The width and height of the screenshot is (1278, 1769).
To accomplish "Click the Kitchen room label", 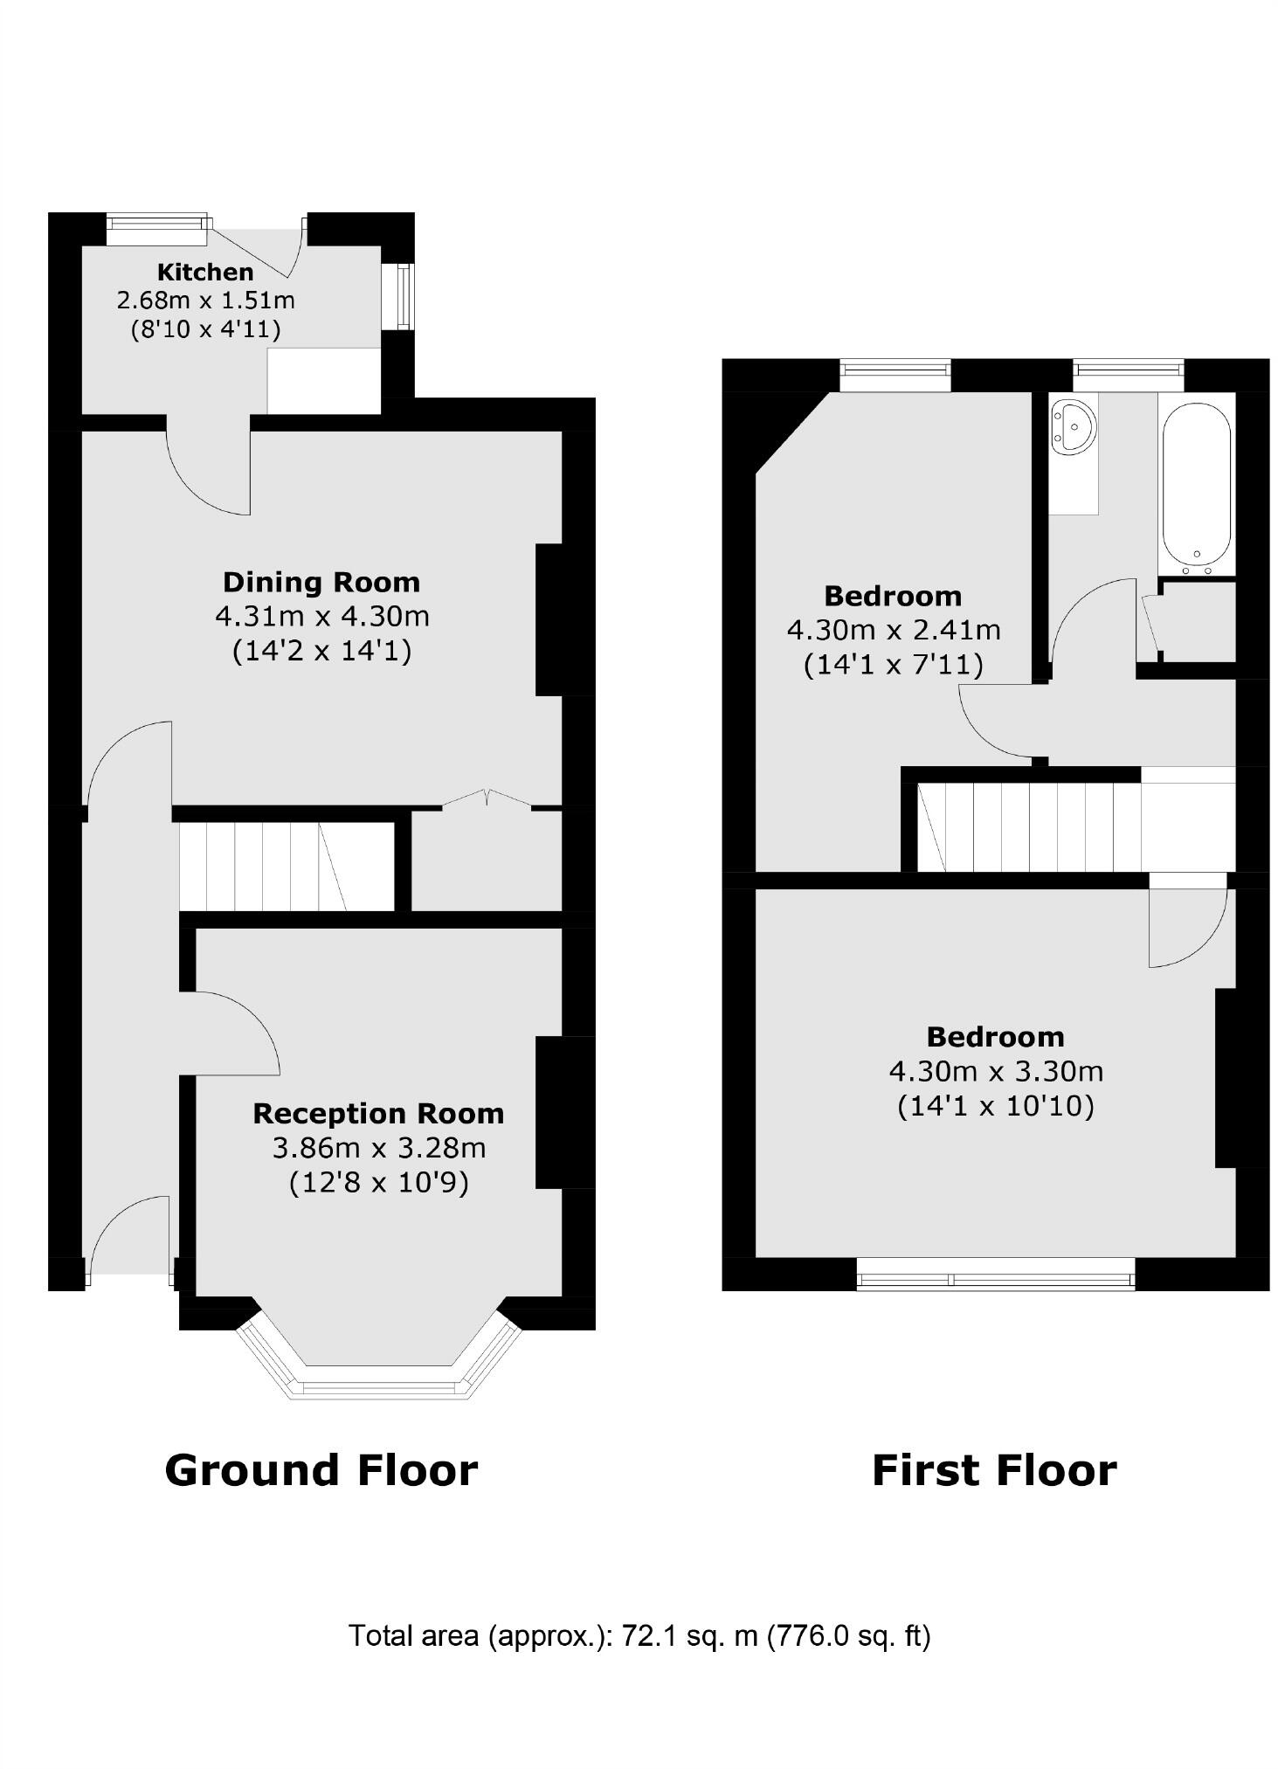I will (x=205, y=272).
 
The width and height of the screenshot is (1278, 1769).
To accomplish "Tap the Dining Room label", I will (x=321, y=582).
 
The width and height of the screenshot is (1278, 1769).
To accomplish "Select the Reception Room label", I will (x=378, y=1113).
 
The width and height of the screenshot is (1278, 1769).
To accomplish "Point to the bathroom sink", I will (x=1073, y=427).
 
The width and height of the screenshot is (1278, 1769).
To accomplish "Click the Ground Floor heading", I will (x=321, y=1469).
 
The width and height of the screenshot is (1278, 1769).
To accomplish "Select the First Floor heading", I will (x=994, y=1469).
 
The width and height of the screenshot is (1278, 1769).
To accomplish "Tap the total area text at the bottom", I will (x=639, y=1634).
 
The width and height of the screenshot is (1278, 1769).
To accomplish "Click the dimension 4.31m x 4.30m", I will (x=321, y=616).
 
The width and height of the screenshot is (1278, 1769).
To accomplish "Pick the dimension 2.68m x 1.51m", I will (x=205, y=301).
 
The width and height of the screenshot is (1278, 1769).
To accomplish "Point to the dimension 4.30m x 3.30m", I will (x=996, y=1070).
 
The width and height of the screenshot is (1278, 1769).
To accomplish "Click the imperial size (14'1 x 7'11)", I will (x=893, y=665).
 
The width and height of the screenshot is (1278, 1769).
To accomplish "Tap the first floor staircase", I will (x=1031, y=826).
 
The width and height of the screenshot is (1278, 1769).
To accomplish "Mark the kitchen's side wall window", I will (x=403, y=296).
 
